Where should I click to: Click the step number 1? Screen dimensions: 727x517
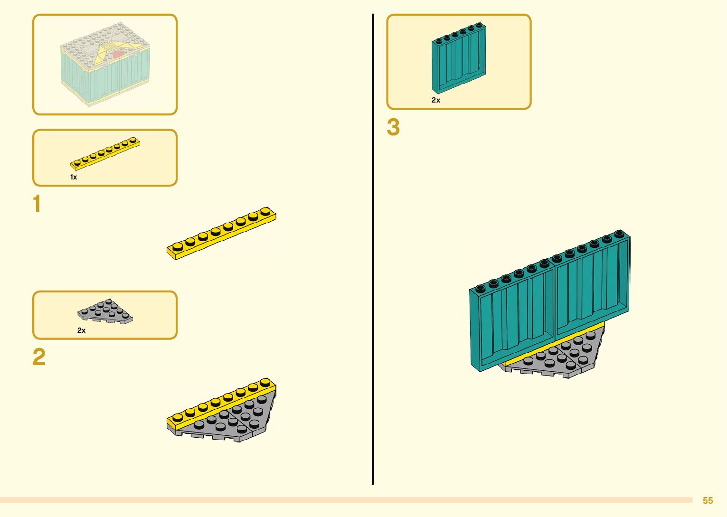point(37,204)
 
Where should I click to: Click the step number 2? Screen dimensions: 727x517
point(39,357)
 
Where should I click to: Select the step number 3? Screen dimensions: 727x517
point(393,127)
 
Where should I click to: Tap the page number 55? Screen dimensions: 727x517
point(708,500)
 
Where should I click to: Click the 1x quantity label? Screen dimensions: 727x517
point(74,177)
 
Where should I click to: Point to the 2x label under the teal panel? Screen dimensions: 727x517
point(436,100)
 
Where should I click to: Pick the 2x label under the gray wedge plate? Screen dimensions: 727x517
point(82,330)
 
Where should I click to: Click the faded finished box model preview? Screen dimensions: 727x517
point(105,64)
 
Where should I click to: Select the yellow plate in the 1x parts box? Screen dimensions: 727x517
point(105,153)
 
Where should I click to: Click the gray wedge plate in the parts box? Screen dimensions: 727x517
point(105,312)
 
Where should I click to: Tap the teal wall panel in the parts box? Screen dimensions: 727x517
point(459,58)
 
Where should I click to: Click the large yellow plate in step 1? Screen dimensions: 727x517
point(221,234)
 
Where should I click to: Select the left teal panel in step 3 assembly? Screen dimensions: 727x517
point(513,318)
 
